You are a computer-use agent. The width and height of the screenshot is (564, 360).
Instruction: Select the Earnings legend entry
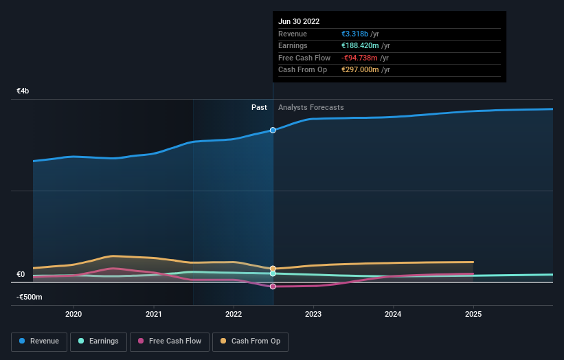pos(98,341)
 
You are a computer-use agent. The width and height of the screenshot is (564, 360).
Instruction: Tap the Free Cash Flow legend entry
pos(169,341)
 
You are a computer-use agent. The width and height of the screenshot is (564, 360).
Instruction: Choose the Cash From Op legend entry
pos(250,341)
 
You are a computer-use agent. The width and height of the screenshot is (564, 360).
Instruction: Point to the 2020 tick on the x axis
pos(74,314)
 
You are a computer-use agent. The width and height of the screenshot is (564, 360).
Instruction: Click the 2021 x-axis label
pos(154,314)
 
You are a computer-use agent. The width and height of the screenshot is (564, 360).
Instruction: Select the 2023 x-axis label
pos(313,314)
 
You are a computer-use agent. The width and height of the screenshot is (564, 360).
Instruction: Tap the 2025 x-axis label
pos(473,314)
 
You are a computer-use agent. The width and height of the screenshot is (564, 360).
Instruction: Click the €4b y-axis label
pos(23,91)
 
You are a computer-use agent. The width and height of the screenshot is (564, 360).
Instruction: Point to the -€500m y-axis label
pos(30,297)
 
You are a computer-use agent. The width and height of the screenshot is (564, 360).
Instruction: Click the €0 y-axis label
pos(21,275)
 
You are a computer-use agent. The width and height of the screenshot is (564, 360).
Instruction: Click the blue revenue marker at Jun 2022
pos(273,130)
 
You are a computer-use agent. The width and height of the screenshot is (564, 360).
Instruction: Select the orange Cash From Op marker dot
pos(273,269)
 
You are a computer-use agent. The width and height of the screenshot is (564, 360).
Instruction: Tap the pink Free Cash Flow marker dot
pos(273,286)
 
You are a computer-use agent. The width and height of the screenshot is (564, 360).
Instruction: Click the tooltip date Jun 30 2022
pos(299,22)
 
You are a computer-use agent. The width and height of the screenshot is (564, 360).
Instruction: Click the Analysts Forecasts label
pos(311,107)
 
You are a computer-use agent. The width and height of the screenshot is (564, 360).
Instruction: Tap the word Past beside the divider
pos(259,107)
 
